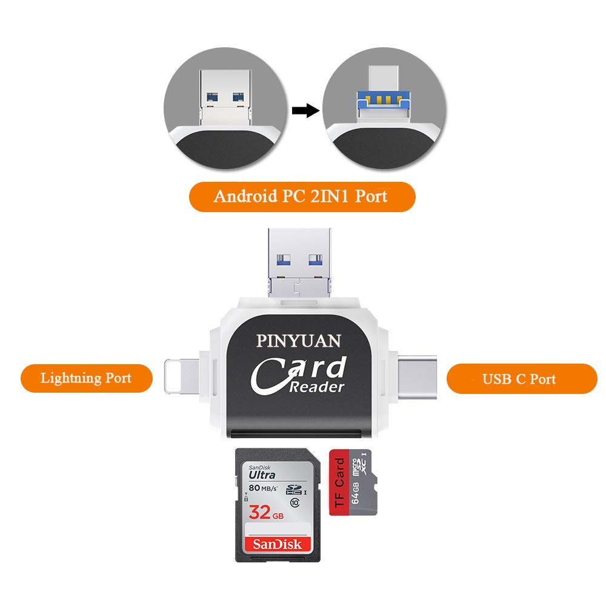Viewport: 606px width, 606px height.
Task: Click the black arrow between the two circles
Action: [305, 111]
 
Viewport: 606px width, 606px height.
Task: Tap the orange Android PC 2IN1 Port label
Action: [301, 197]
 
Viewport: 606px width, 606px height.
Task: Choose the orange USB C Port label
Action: [521, 379]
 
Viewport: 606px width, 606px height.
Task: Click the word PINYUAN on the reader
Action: [298, 341]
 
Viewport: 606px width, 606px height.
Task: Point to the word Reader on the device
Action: [316, 387]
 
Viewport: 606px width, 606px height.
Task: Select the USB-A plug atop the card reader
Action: [300, 258]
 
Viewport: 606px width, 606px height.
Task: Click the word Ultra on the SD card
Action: [262, 475]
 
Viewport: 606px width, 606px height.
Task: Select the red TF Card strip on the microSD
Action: [340, 482]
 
